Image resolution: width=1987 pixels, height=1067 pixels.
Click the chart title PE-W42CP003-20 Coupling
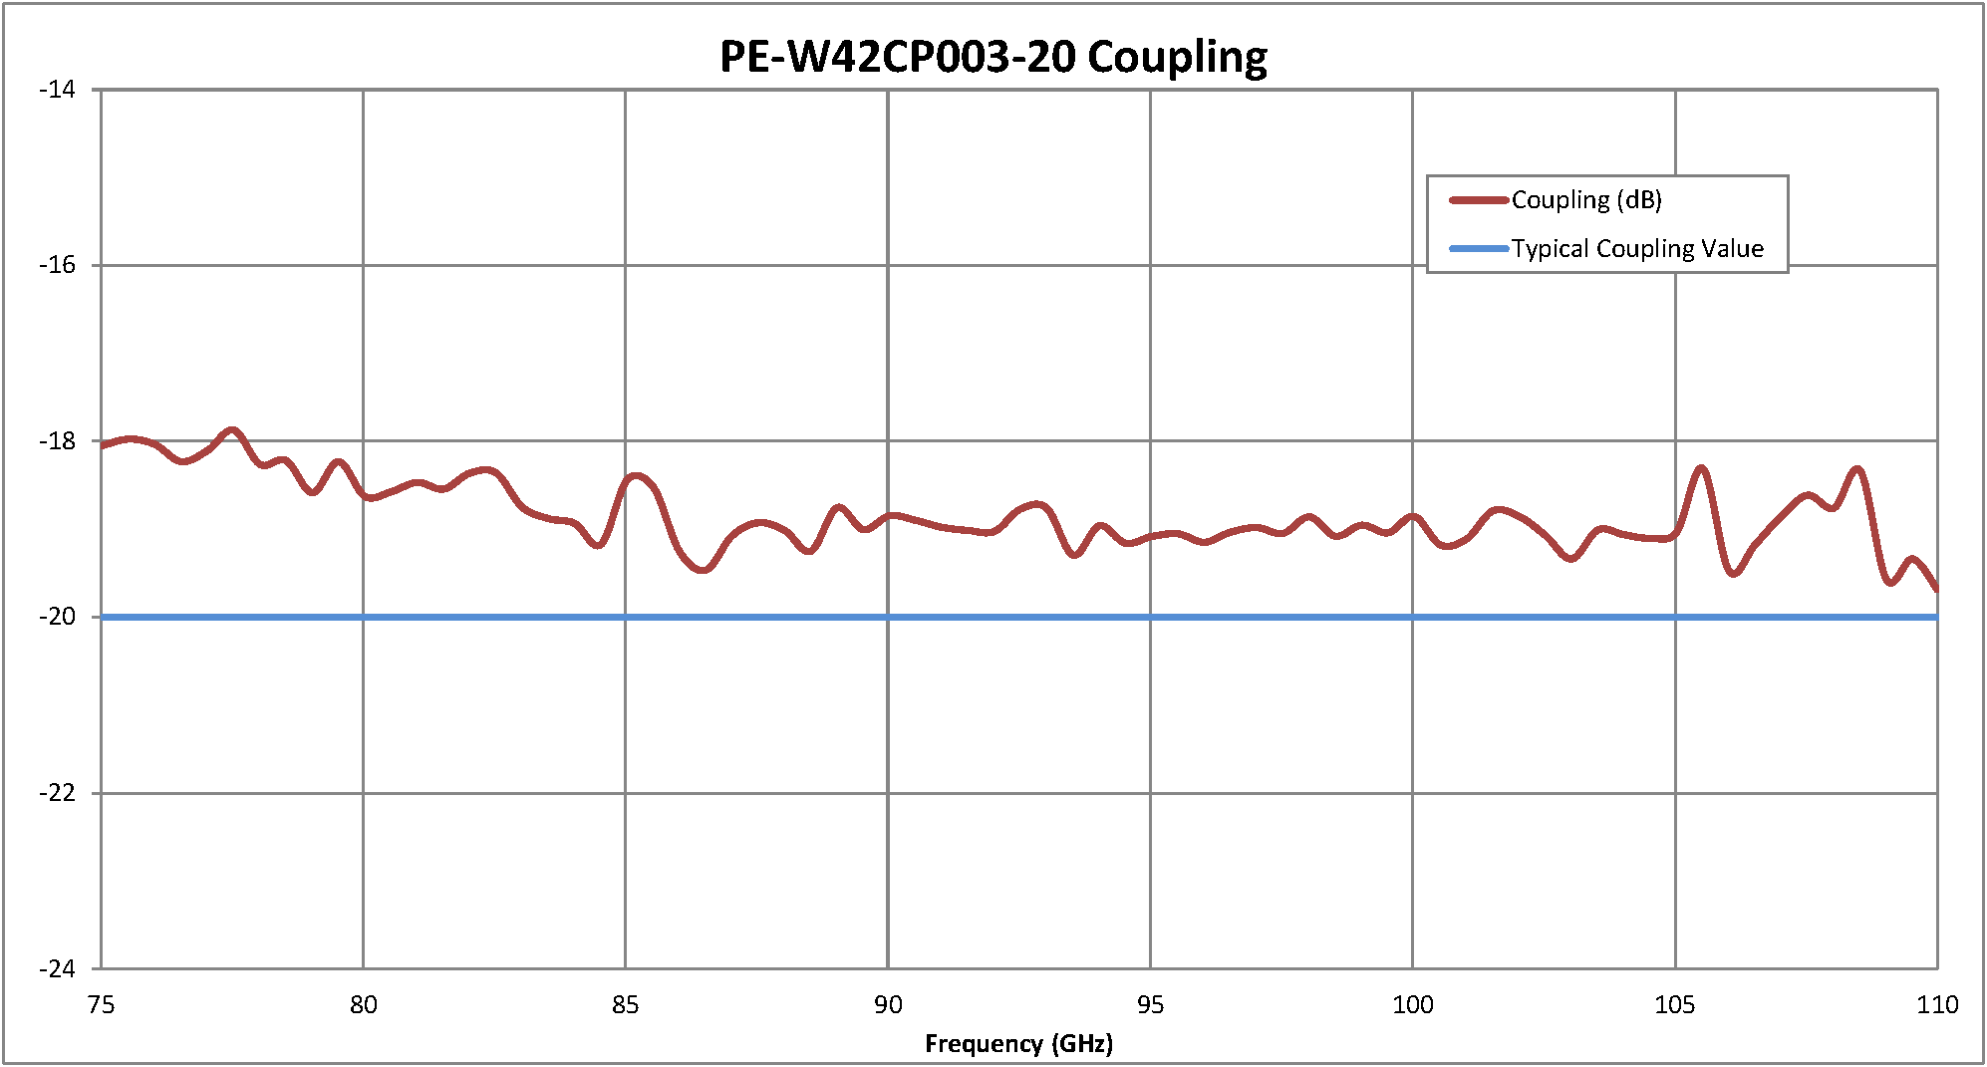point(993,57)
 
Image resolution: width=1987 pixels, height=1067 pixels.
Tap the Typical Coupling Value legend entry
point(1637,248)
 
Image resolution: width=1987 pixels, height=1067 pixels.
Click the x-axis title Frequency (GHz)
point(1018,1043)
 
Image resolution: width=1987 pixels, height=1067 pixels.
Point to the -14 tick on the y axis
point(58,90)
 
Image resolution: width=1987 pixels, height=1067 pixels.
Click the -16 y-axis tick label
point(58,265)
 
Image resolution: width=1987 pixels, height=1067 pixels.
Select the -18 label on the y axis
point(58,441)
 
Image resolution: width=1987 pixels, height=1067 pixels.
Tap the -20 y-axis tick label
point(58,617)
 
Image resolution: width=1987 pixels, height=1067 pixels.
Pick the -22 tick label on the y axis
point(58,793)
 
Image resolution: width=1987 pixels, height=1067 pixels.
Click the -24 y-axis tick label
point(58,968)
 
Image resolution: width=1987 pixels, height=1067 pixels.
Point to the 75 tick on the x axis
point(101,1004)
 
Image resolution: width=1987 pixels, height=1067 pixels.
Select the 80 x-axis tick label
point(364,1004)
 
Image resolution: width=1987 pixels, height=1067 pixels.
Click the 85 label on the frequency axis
point(626,1004)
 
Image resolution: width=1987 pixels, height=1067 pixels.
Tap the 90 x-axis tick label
point(888,1004)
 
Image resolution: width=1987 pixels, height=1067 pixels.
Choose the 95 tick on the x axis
point(1150,1004)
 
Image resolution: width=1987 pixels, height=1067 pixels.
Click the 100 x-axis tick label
point(1413,1004)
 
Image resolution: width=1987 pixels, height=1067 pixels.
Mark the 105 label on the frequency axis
point(1675,1004)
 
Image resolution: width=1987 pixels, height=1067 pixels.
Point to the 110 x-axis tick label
point(1937,1004)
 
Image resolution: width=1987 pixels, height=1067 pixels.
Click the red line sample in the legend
point(1479,200)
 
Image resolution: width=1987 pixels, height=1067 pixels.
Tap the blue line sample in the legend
point(1479,248)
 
